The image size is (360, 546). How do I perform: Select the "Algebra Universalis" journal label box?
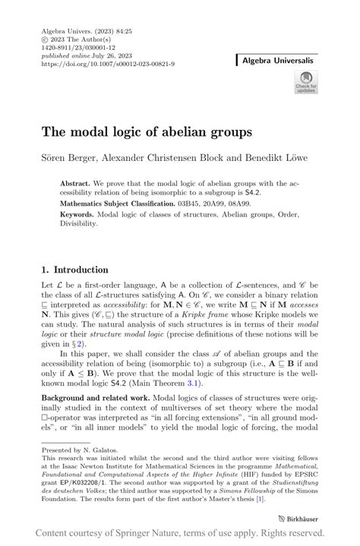[x=278, y=58]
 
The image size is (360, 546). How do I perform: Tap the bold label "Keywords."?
[x=79, y=215]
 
